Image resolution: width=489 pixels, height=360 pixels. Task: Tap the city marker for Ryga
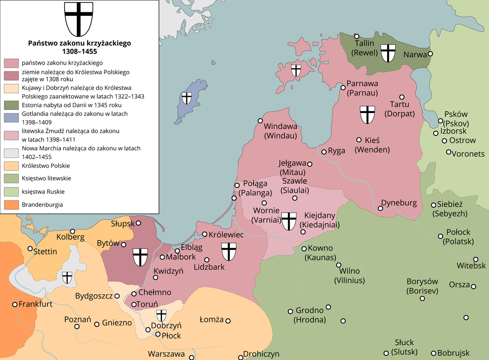tap(324, 152)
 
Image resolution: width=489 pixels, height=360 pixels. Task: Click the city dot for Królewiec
tap(205, 235)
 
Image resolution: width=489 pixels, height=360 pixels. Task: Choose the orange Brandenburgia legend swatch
tap(12, 205)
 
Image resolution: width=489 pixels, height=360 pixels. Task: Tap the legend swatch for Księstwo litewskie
tap(12, 179)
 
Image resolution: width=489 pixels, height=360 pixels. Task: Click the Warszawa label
tap(166, 354)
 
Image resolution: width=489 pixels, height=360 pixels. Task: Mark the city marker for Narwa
tap(430, 53)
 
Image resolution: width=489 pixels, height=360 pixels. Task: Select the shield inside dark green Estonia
tap(389, 52)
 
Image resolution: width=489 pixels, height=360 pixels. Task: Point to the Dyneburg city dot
tap(381, 208)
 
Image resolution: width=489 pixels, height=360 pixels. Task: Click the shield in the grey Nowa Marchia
tap(67, 277)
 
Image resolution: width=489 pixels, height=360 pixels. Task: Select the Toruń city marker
tap(134, 304)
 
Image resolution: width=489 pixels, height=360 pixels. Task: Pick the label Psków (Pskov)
tap(456, 119)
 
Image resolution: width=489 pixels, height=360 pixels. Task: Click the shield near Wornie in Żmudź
tap(289, 220)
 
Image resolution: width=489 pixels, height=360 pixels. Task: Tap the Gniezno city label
tap(117, 322)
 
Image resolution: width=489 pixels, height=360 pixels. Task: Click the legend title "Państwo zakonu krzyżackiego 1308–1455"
tap(79, 47)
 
